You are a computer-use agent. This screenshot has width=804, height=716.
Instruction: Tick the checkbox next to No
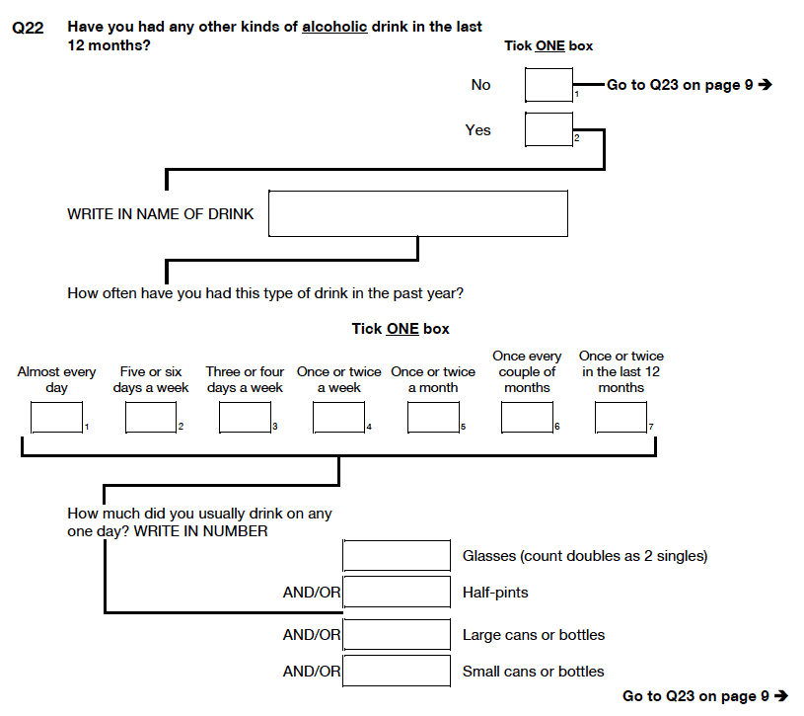tap(548, 85)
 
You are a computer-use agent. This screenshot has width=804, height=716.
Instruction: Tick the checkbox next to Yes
tap(548, 129)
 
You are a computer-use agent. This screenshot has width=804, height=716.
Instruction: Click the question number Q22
tap(28, 28)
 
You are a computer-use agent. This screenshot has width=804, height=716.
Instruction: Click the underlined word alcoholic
tap(334, 27)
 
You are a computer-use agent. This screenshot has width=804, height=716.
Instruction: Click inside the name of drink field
tap(418, 213)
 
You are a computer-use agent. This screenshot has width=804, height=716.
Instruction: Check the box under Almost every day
tap(56, 418)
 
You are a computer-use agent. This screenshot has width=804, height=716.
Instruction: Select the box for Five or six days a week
tap(151, 418)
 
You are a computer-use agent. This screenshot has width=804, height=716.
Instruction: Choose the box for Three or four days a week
tap(245, 418)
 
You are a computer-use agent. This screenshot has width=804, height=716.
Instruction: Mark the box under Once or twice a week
tap(339, 418)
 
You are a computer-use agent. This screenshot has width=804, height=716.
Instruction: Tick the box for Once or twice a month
tap(433, 418)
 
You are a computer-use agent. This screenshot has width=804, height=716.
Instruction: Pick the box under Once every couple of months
tap(527, 418)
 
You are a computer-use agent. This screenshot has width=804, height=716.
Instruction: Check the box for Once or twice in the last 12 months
tap(621, 418)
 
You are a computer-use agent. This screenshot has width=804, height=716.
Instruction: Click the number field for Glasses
tap(397, 555)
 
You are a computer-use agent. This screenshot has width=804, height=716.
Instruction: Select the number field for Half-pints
tap(397, 592)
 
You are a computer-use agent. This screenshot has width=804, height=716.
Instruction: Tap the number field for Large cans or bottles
tap(397, 634)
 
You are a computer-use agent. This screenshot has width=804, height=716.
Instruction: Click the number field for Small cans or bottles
tap(397, 671)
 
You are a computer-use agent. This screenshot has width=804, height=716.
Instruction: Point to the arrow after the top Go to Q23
tap(765, 84)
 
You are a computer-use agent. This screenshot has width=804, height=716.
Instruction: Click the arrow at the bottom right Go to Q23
tap(781, 696)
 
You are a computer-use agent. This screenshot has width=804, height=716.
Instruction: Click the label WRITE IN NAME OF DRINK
tap(161, 214)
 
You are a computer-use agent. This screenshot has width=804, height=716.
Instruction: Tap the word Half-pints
tap(495, 593)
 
